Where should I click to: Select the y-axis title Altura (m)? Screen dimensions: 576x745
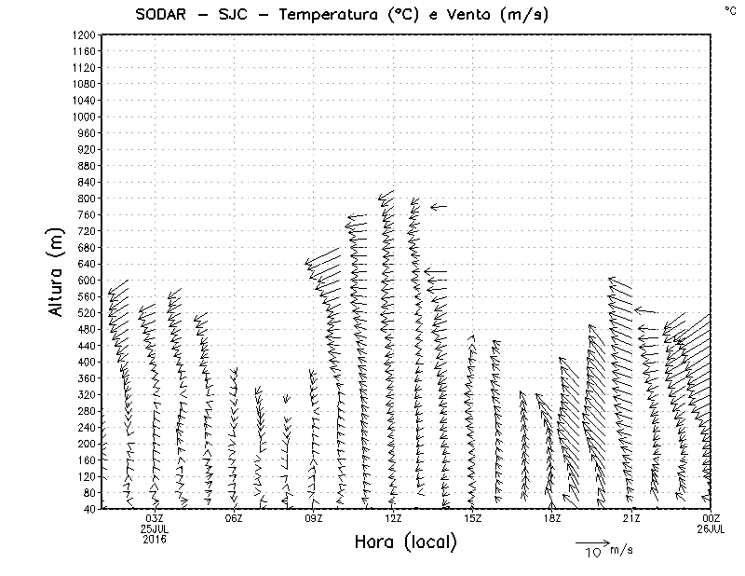(58, 274)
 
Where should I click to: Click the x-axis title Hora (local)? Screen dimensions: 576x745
(406, 542)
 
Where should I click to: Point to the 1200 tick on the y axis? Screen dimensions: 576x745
(84, 34)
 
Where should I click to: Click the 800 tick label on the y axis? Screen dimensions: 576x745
(87, 199)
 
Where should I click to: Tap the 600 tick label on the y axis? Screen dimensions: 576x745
(87, 280)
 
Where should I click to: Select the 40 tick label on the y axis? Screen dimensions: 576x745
(89, 508)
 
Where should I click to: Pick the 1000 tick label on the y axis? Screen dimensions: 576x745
(84, 117)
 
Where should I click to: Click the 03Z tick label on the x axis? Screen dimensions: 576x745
(155, 518)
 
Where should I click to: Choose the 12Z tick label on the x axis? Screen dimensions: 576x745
(393, 518)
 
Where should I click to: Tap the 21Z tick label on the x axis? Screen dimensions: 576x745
(631, 518)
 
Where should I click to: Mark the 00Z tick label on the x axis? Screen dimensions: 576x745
(711, 518)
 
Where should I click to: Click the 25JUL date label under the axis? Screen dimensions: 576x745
(155, 528)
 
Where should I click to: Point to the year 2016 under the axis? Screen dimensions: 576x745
(155, 539)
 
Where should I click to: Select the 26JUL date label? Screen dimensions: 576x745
(711, 528)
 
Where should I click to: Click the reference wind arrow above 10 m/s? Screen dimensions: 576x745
(592, 542)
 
